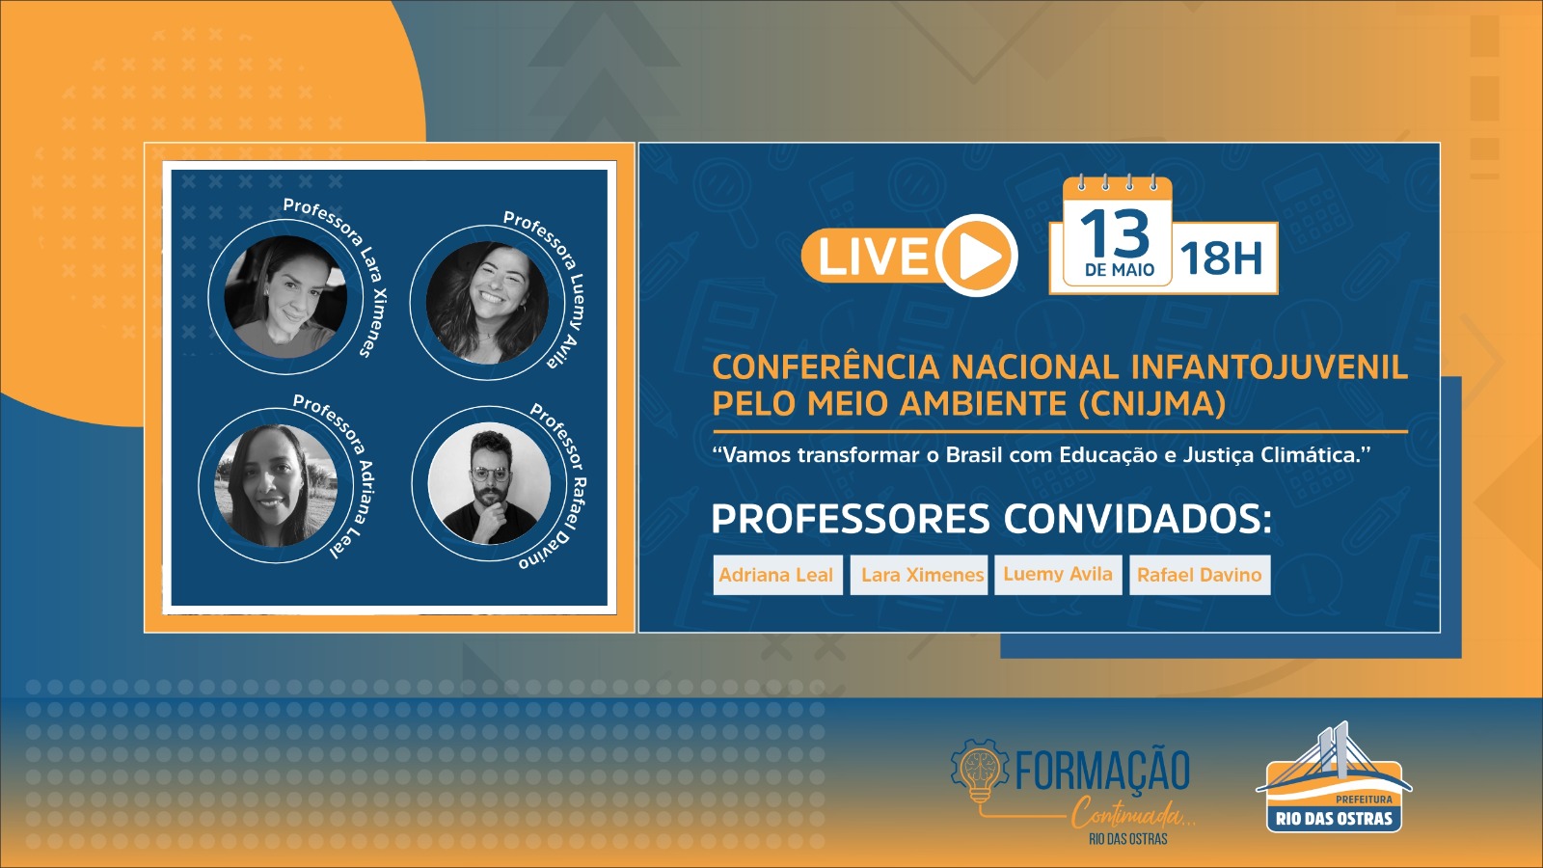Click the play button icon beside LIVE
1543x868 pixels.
[977, 256]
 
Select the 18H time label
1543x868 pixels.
[1221, 259]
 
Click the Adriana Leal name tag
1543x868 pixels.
[777, 575]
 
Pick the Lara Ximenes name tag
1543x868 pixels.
[922, 575]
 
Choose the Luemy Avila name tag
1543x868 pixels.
[1058, 575]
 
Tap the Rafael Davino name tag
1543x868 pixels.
[1200, 575]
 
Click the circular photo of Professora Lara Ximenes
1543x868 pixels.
[285, 297]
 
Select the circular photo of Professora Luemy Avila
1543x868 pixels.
[487, 303]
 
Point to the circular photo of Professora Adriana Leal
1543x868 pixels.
[276, 486]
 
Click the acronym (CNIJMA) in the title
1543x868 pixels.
[1152, 404]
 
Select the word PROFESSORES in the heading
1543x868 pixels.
[850, 519]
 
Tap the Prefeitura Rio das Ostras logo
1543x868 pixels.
[1335, 777]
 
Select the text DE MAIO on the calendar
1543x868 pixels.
[1120, 270]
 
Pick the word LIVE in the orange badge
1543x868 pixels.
[874, 257]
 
